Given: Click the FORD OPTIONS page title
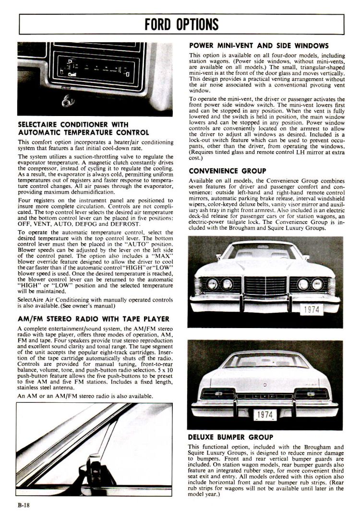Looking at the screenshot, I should pos(181,23).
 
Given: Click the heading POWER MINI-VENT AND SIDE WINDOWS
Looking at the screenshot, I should pos(259,46).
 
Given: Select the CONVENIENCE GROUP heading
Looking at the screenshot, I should pos(228,171).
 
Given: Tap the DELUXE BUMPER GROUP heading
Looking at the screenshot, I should pos(231,437).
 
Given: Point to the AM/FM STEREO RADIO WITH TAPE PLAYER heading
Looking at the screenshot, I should pos(93,319).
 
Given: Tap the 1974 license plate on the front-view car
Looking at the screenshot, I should pos(312,309).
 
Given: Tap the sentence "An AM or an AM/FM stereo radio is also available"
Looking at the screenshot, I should pos(85,396).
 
